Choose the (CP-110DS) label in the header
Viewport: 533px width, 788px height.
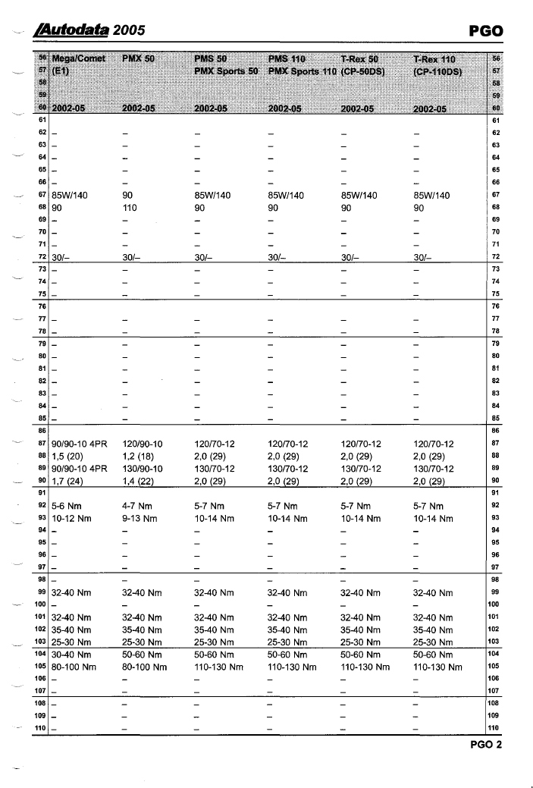441,70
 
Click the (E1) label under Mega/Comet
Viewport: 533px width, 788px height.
59,70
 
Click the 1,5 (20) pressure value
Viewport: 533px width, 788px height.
69,456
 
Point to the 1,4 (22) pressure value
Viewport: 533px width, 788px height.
140,482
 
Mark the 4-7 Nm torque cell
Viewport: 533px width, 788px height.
138,505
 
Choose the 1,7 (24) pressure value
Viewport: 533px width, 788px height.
69,482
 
